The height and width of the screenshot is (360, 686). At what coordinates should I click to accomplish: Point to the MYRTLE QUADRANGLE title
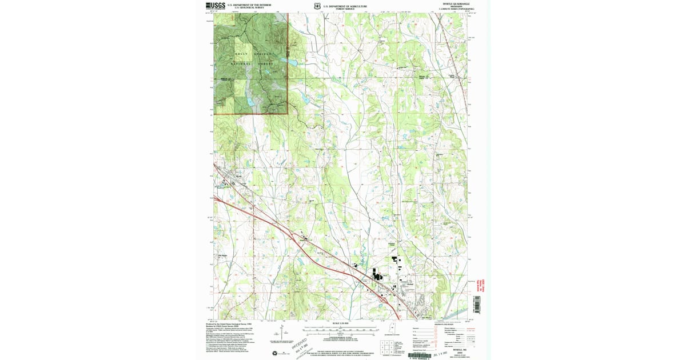click(x=455, y=5)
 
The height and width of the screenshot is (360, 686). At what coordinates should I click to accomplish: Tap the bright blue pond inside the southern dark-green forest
click(x=250, y=102)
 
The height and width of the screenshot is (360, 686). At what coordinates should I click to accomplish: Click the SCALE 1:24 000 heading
click(x=340, y=324)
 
